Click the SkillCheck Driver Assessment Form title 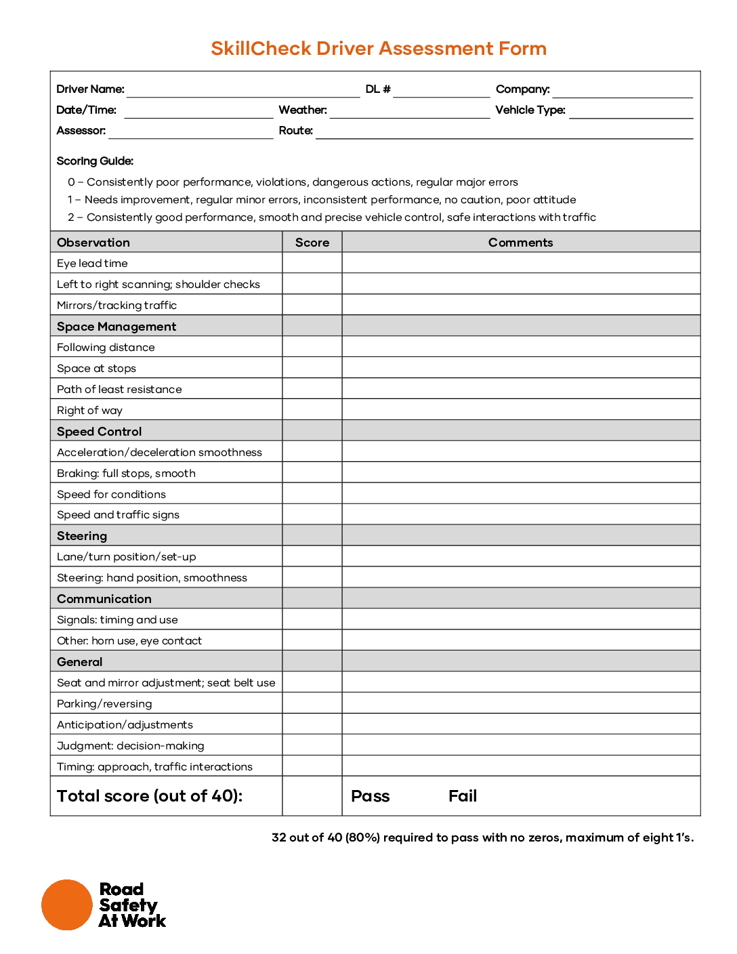pyautogui.click(x=378, y=49)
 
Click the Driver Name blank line pyautogui.click(x=243, y=91)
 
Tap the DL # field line pyautogui.click(x=441, y=91)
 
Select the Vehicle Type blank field pyautogui.click(x=631, y=112)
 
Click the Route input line pyautogui.click(x=504, y=132)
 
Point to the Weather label pyautogui.click(x=303, y=110)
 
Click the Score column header pyautogui.click(x=312, y=243)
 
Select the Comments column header pyautogui.click(x=520, y=243)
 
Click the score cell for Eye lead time pyautogui.click(x=312, y=264)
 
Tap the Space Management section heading pyautogui.click(x=117, y=327)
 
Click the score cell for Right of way pyautogui.click(x=312, y=410)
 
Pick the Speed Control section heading pyautogui.click(x=100, y=432)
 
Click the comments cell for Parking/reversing pyautogui.click(x=520, y=703)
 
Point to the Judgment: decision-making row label pyautogui.click(x=131, y=745)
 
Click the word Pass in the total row pyautogui.click(x=370, y=796)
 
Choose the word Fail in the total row pyautogui.click(x=463, y=796)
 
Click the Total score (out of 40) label pyautogui.click(x=150, y=796)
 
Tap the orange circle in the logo pyautogui.click(x=66, y=905)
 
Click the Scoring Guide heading pyautogui.click(x=95, y=161)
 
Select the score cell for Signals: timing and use pyautogui.click(x=312, y=619)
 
